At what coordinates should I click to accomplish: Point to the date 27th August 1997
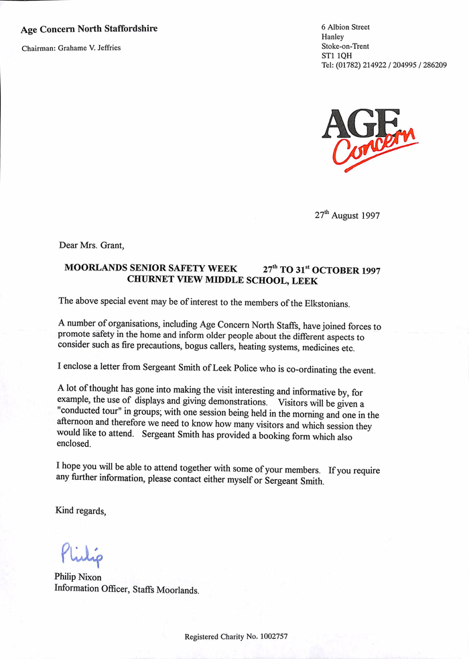(347, 216)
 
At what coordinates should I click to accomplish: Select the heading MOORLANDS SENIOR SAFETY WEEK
(151, 268)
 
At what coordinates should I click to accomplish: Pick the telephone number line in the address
(384, 65)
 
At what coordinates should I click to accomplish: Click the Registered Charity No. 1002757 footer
(236, 636)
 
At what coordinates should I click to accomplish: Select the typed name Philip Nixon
(78, 577)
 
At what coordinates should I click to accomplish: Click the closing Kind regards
(80, 511)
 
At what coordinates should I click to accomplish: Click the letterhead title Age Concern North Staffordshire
(89, 29)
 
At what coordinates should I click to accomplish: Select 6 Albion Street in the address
(346, 28)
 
